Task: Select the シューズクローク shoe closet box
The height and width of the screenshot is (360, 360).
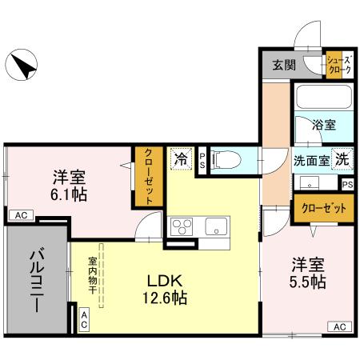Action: tap(336, 65)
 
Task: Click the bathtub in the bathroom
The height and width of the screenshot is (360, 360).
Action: tap(323, 99)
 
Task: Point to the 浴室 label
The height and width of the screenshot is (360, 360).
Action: tap(323, 126)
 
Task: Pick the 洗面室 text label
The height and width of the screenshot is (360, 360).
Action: tap(311, 158)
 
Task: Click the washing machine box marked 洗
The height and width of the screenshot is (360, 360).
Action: tap(342, 158)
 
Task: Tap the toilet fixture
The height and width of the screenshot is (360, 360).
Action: tap(225, 160)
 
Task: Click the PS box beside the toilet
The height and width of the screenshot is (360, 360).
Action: tap(202, 160)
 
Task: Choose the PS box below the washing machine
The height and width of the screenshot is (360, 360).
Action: tap(346, 184)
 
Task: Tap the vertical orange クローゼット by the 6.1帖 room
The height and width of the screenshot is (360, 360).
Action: tap(149, 176)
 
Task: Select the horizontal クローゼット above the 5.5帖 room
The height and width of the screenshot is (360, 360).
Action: tap(324, 209)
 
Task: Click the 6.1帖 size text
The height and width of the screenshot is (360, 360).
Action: tap(70, 194)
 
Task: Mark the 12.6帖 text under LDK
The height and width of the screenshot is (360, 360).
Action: tap(166, 298)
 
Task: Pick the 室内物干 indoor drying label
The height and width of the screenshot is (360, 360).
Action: tap(93, 275)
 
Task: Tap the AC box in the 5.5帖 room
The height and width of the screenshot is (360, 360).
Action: tap(338, 326)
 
